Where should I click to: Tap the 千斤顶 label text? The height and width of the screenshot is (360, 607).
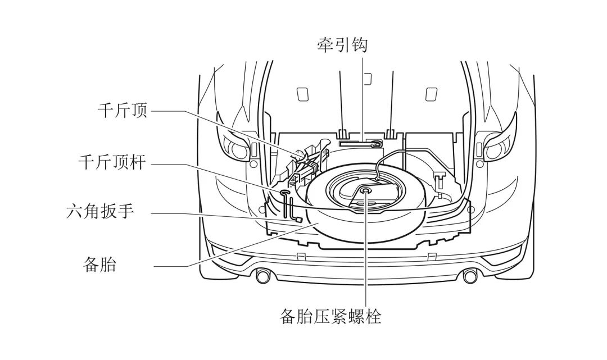122,111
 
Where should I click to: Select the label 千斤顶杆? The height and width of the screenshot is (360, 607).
112,163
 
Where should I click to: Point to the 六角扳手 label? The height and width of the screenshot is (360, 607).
99,212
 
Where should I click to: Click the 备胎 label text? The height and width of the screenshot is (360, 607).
99,264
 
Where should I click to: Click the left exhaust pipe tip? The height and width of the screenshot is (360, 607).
262,276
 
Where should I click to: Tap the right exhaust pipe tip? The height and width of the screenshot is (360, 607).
468,276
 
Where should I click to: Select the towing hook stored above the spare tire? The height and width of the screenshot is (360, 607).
363,143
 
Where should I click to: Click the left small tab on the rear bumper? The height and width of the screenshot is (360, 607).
301,257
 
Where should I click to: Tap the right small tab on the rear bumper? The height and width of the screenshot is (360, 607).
431,257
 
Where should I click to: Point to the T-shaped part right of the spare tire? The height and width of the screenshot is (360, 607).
440,181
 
